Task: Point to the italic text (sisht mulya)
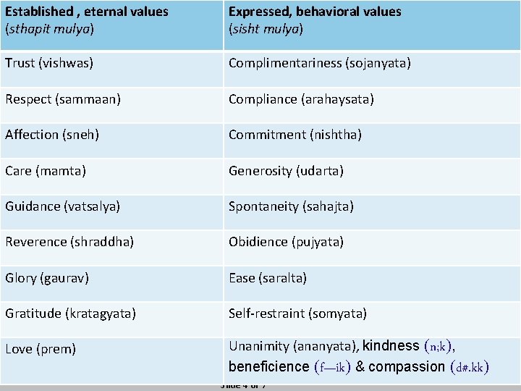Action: [266, 29]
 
